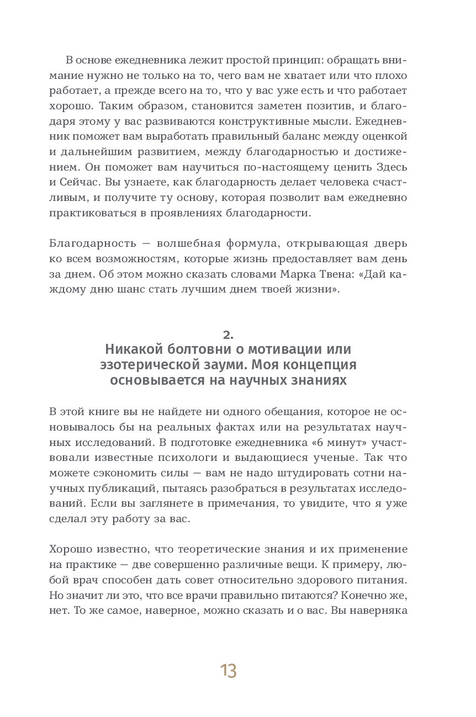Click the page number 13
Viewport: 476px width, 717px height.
[228, 671]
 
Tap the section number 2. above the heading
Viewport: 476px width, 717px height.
[228, 334]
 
